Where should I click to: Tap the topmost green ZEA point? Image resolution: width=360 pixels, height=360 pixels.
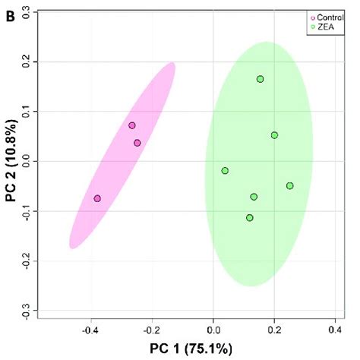click(260, 79)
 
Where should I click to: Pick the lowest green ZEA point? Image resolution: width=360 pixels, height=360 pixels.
click(249, 218)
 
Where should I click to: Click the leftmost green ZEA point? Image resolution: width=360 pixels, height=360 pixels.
click(225, 171)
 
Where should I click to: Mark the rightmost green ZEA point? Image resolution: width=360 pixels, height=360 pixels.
click(289, 186)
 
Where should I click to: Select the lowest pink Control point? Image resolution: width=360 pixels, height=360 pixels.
click(97, 198)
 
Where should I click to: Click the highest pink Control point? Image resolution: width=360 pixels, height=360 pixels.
click(131, 125)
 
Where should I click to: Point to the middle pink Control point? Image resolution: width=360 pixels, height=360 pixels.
click(137, 143)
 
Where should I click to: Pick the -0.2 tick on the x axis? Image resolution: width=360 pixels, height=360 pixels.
click(152, 331)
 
